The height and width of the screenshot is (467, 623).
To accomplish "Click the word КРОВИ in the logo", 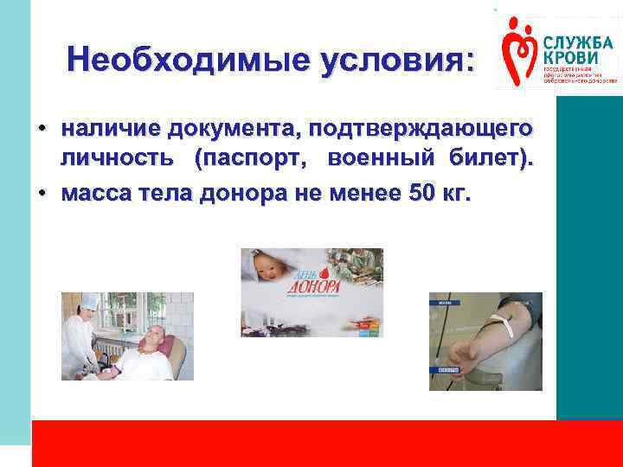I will (x=572, y=57).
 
